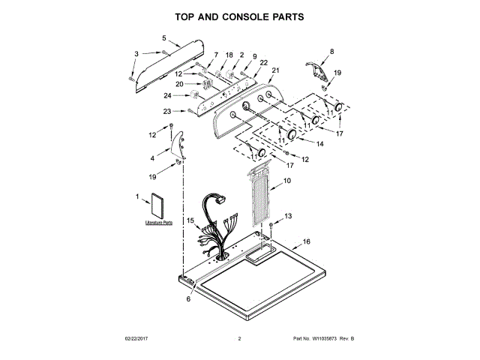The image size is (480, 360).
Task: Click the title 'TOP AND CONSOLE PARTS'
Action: (239, 16)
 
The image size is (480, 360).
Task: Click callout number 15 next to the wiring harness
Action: (190, 220)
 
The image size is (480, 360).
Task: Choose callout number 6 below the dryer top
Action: (188, 298)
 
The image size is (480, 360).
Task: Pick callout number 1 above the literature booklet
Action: (137, 196)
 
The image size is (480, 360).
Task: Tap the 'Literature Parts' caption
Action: (158, 223)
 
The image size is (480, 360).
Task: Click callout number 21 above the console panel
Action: (274, 70)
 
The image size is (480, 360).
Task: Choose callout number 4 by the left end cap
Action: (154, 158)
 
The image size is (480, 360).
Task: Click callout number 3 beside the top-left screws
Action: (136, 53)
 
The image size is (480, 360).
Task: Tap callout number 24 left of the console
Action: (168, 95)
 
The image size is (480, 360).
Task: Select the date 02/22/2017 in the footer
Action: (137, 339)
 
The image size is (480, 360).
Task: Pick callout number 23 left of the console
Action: (168, 112)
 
